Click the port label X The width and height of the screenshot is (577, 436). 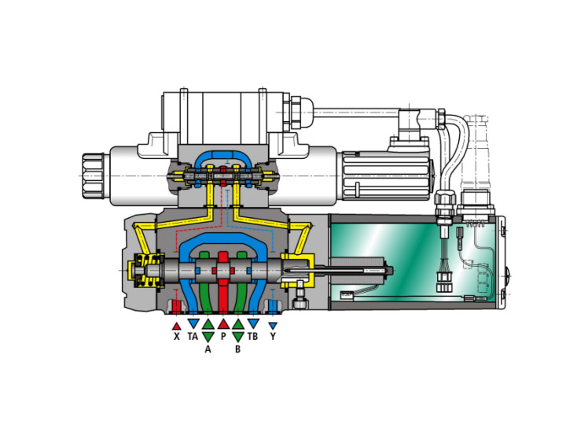176,336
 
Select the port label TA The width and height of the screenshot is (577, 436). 193,336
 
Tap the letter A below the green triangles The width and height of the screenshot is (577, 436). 208,349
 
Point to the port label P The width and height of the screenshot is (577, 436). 223,336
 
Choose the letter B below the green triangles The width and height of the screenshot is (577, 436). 237,349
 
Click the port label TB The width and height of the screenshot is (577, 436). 253,336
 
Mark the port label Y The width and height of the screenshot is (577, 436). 273,336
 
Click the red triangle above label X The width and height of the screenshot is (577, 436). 176,324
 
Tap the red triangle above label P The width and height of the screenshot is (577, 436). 223,323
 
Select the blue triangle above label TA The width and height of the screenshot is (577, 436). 193,323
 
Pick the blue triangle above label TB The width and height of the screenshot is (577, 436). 253,323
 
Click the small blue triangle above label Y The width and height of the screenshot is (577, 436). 273,325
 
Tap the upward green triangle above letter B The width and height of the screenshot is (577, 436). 237,323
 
